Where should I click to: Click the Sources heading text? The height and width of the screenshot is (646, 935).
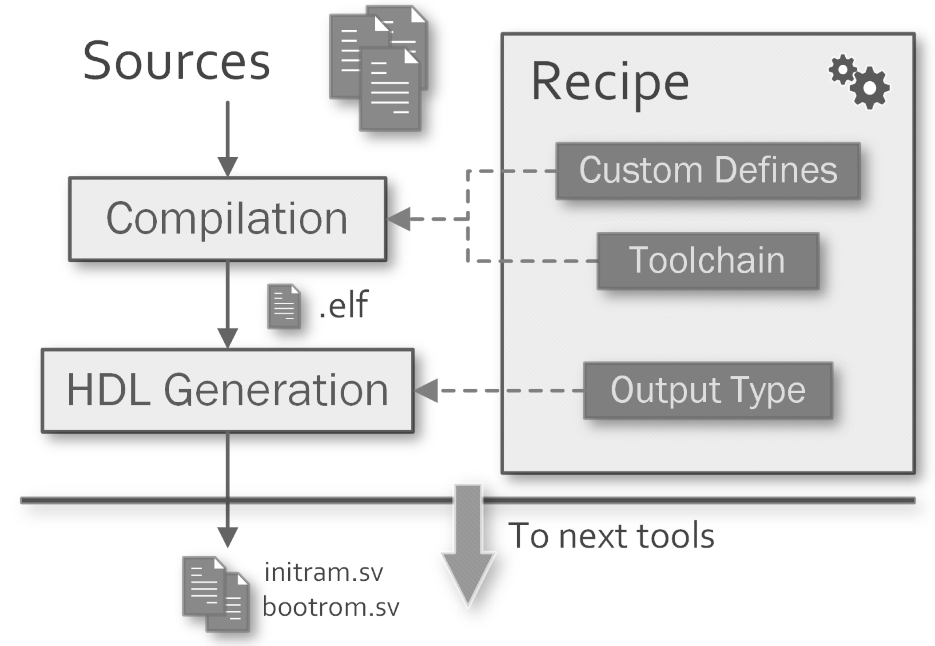tap(176, 61)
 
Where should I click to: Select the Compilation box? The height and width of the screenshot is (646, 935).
tap(227, 219)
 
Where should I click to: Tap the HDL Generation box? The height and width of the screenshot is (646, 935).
tap(227, 390)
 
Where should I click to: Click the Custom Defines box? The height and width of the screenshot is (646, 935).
tap(708, 170)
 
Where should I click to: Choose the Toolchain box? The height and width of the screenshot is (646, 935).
tap(708, 261)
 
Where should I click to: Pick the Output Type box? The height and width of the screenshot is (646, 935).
tap(708, 390)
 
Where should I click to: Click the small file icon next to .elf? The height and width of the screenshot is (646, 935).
tap(284, 306)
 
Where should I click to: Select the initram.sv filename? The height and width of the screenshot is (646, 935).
tap(323, 572)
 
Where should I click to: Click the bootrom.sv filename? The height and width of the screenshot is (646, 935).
tap(330, 607)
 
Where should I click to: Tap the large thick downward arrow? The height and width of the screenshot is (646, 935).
tap(468, 546)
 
